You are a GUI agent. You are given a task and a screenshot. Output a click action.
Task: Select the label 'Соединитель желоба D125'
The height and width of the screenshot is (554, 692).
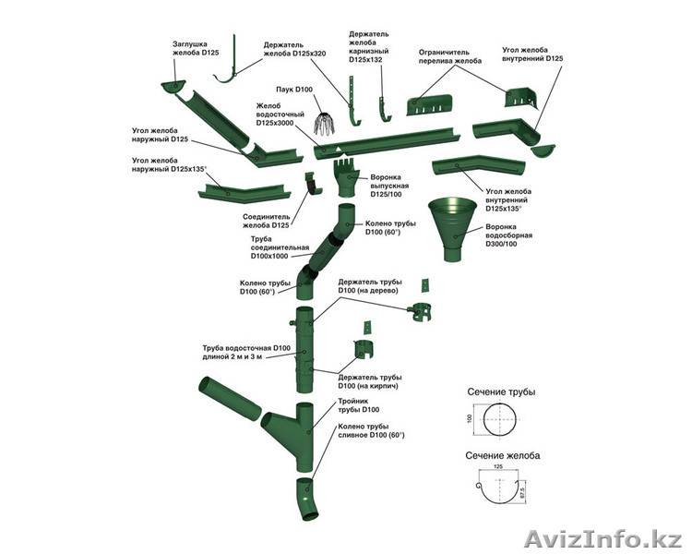pos(267,221)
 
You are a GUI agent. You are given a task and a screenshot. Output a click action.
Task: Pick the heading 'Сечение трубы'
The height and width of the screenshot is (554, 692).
pos(500,392)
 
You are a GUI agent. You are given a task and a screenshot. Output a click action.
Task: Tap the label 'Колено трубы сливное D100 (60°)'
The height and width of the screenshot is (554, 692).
pos(371,430)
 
